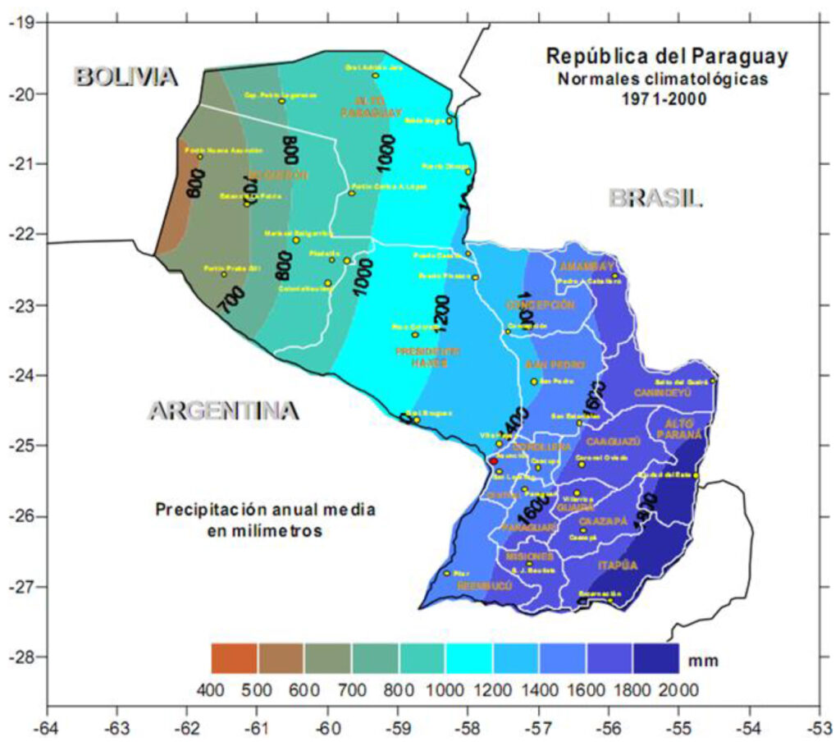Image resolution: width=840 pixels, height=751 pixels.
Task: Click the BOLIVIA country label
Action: pos(126,76)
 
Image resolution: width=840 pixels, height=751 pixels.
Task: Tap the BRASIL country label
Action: pos(655,198)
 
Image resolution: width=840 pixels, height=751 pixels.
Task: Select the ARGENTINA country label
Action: pos(222,410)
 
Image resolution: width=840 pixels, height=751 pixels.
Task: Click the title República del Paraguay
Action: pos(667,57)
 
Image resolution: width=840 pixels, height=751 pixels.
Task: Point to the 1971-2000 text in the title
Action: pos(668,98)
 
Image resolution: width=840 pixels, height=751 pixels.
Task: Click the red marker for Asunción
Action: pos(493,461)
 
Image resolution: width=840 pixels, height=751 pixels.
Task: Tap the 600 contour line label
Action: pos(194,183)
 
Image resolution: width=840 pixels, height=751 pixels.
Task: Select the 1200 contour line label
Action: pos(441,312)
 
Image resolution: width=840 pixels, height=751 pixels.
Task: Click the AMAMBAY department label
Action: pos(586,267)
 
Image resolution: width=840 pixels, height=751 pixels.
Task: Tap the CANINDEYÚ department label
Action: pos(662,393)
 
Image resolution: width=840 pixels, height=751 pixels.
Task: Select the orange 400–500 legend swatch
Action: pos(234,658)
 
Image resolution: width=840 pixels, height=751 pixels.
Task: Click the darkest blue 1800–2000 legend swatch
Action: pos(655,658)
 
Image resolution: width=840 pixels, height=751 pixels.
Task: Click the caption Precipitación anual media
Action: pos(265,510)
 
